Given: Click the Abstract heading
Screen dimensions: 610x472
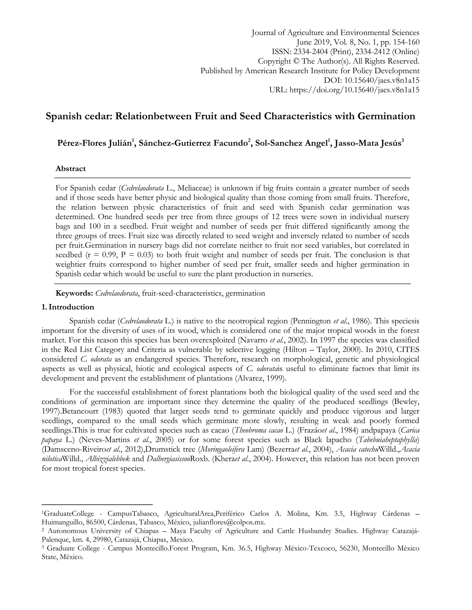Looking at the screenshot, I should tap(71, 169).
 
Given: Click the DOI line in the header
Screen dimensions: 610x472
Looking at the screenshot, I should tap(371, 80).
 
